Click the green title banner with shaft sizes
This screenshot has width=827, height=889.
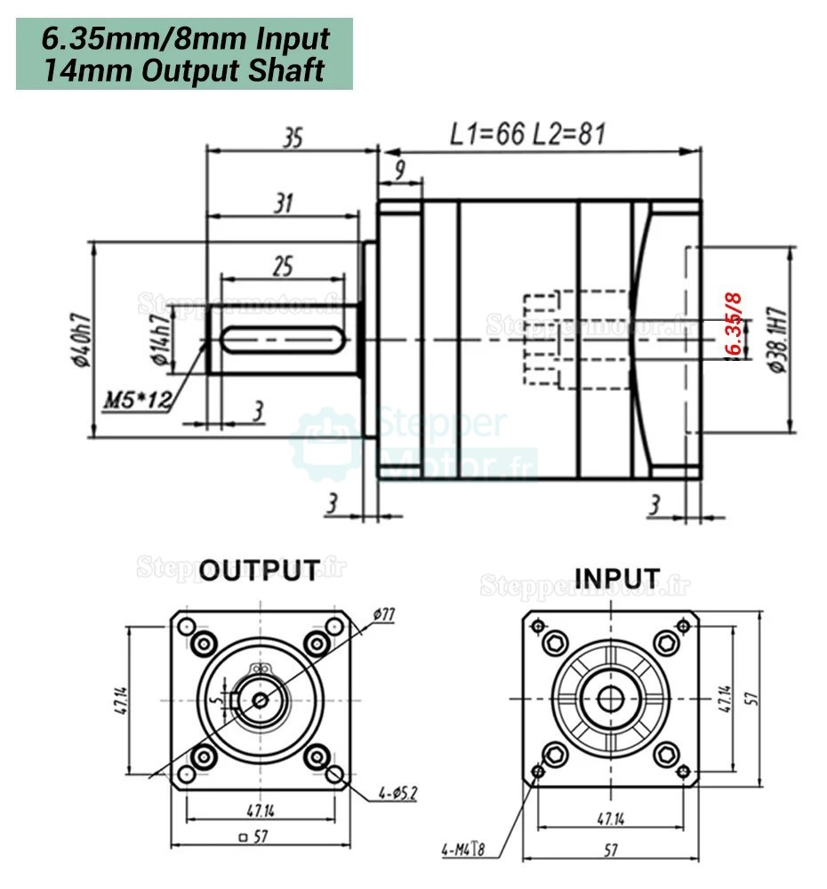click(184, 53)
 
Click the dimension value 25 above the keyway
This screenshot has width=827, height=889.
click(282, 265)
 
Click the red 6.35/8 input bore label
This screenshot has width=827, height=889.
click(734, 324)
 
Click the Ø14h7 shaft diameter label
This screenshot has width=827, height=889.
click(159, 340)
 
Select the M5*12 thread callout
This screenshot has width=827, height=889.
click(136, 399)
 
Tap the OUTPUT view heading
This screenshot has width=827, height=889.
click(259, 570)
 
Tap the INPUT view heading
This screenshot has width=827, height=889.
click(617, 578)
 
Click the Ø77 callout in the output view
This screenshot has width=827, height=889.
click(384, 613)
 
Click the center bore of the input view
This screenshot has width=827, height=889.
click(610, 699)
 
